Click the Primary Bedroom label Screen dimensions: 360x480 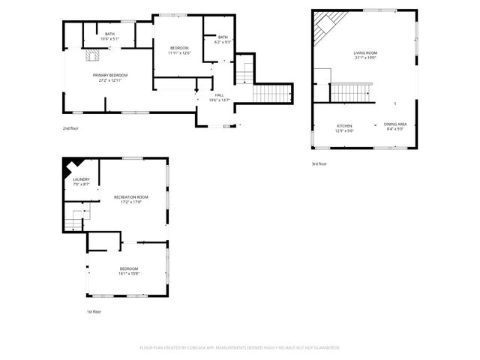(x=110, y=75)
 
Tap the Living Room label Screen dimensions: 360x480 (x=366, y=52)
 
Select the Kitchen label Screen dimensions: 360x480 (x=344, y=124)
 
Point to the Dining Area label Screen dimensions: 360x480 (x=395, y=124)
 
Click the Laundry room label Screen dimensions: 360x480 (x=81, y=179)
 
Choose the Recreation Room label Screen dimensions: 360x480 (x=131, y=196)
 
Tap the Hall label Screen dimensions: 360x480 (x=220, y=95)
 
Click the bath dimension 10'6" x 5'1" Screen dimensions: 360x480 (x=110, y=39)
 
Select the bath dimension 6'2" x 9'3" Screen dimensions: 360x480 (x=223, y=42)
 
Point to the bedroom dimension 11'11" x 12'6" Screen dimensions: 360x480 (x=181, y=53)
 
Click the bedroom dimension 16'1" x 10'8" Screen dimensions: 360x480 (x=129, y=273)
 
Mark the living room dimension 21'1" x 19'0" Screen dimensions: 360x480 (x=366, y=58)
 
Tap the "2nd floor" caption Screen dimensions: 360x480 (x=71, y=128)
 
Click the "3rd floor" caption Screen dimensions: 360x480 (x=319, y=163)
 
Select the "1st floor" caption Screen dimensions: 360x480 (x=94, y=311)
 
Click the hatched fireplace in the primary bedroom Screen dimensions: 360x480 (x=93, y=54)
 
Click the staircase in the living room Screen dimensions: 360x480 (x=346, y=92)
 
